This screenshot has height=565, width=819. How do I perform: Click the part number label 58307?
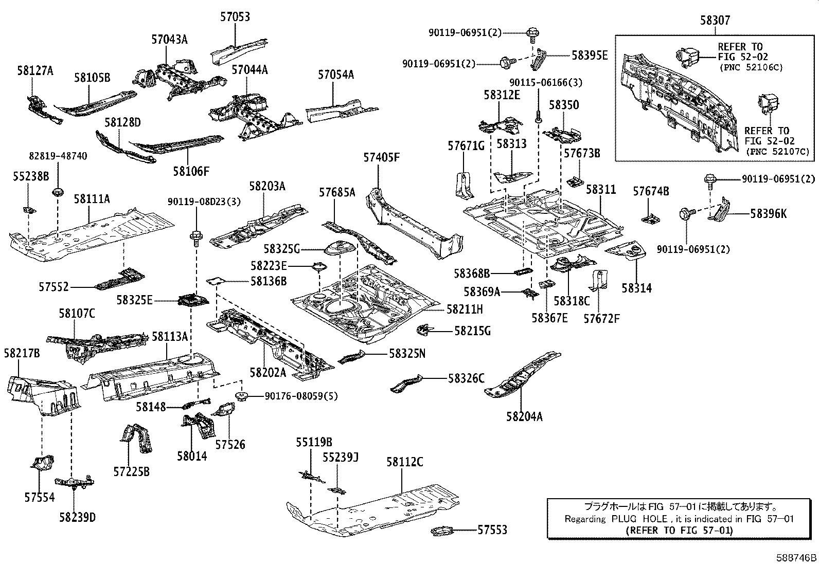(x=715, y=20)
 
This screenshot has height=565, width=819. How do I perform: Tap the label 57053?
(x=235, y=17)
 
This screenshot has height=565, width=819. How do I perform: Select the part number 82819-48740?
(x=58, y=156)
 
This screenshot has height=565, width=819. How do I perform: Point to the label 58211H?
(x=465, y=309)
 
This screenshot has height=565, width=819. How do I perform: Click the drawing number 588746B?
(x=796, y=558)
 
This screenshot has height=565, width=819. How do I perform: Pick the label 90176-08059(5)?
(x=301, y=396)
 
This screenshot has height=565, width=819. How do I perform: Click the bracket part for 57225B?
(x=136, y=438)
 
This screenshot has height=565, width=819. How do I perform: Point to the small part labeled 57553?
(x=442, y=531)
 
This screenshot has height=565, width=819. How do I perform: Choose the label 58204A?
(x=524, y=416)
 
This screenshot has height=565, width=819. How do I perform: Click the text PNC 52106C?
(x=752, y=68)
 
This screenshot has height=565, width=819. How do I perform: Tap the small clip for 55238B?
(x=29, y=210)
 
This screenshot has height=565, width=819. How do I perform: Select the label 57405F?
(x=381, y=157)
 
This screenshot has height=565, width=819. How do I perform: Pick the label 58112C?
(x=405, y=462)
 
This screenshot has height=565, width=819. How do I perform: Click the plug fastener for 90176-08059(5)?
(x=241, y=396)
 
